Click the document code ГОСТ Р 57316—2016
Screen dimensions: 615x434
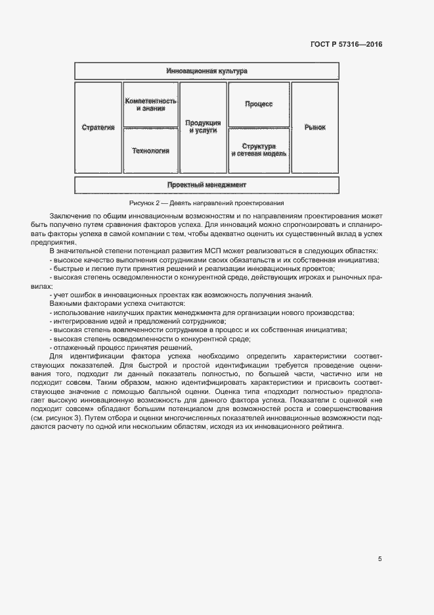click(345, 45)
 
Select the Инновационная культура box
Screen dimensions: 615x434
click(206, 70)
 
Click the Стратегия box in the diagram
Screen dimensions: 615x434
click(98, 127)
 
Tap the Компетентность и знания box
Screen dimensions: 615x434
click(150, 104)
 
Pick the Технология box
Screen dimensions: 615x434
click(150, 151)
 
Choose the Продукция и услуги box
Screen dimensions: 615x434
click(203, 127)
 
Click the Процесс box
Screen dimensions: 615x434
click(259, 104)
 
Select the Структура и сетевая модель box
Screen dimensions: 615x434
click(259, 150)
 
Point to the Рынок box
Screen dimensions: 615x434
click(315, 127)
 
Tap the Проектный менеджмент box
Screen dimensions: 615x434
click(206, 185)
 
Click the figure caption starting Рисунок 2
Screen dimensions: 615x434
click(206, 203)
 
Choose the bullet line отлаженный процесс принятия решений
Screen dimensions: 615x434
click(121, 347)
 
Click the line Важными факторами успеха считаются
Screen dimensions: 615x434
click(117, 303)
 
